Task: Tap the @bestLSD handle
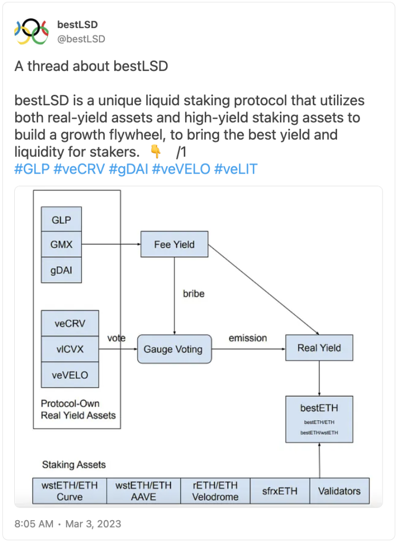pos(81,39)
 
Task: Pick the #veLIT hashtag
pos(236,169)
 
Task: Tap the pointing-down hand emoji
pos(155,152)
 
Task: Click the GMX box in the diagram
pos(62,244)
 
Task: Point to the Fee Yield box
pos(174,244)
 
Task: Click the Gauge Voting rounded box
pos(174,349)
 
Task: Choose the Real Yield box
pos(319,348)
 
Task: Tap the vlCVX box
pos(70,349)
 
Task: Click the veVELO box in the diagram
pos(70,375)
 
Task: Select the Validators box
pos(339,491)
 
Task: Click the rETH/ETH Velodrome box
pos(215,491)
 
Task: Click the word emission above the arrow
pos(248,338)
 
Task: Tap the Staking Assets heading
pos(74,465)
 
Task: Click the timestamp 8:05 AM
pos(34,524)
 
